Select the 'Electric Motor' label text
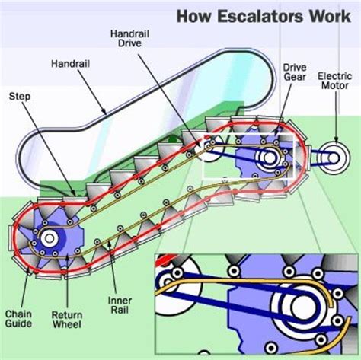(x=334, y=81)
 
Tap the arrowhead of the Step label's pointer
(x=74, y=195)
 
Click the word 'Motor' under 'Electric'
(x=334, y=86)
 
